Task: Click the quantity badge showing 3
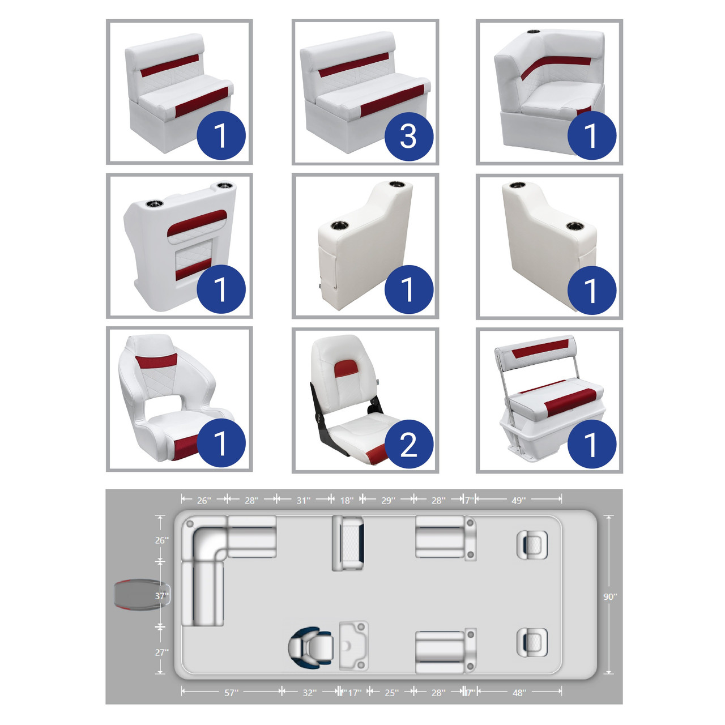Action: click(x=408, y=136)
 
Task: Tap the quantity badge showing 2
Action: click(x=408, y=444)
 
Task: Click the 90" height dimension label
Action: click(x=610, y=597)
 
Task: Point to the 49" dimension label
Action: click(x=518, y=500)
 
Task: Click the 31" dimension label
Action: click(x=304, y=500)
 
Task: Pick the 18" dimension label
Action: click(x=347, y=500)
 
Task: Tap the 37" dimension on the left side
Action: click(x=162, y=596)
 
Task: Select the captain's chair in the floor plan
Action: click(x=311, y=647)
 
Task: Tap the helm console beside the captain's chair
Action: click(x=353, y=646)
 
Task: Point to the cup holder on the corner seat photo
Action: click(x=533, y=32)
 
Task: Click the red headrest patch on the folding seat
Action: click(x=346, y=368)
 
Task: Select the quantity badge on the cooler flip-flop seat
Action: click(x=592, y=444)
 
